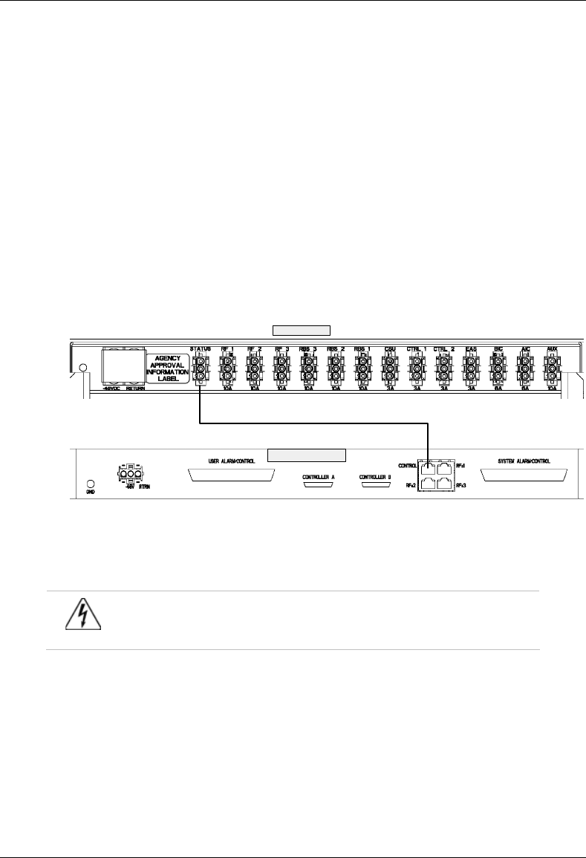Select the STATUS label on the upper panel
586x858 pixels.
[x=201, y=348]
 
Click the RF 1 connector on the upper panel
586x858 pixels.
[x=227, y=368]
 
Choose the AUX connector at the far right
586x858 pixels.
[x=551, y=368]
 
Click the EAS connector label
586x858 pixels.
[x=469, y=348]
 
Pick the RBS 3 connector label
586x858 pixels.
[x=308, y=348]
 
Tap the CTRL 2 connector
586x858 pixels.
[x=443, y=368]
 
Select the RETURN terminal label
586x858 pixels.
[x=134, y=388]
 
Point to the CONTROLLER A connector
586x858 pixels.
[x=319, y=485]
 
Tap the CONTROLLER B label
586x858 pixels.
[x=374, y=476]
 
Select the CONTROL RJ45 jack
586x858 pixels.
[x=429, y=468]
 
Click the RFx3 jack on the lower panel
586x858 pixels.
[x=445, y=485]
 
